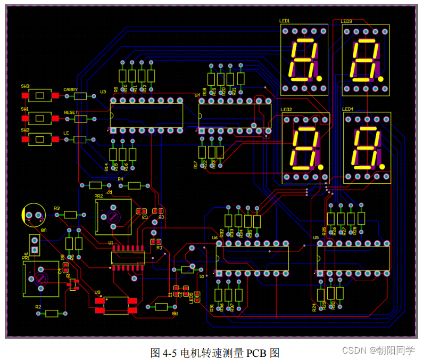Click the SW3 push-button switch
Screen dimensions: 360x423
point(40,95)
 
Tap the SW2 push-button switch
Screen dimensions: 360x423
point(40,139)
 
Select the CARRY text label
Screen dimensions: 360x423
point(70,89)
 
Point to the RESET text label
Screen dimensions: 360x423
point(71,112)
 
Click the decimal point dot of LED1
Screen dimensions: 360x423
point(319,78)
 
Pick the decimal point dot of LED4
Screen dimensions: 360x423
point(381,167)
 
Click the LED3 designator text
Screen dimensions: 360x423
point(346,21)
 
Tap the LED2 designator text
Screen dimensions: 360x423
point(286,110)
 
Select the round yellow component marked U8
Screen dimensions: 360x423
point(33,215)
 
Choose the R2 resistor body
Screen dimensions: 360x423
point(52,313)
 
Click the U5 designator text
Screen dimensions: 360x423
point(316,238)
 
